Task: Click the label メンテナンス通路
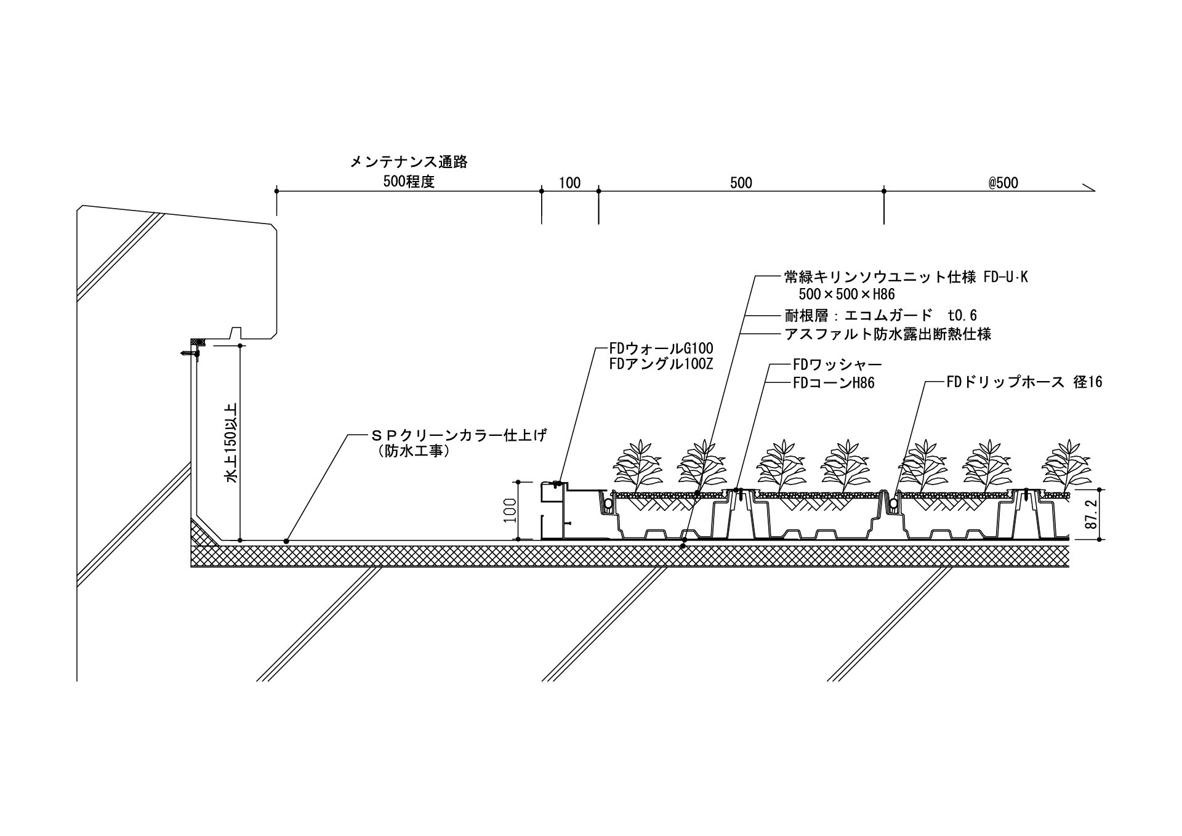click(x=409, y=162)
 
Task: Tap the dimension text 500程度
click(x=409, y=182)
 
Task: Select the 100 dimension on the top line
click(x=569, y=183)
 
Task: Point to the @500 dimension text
click(x=1003, y=183)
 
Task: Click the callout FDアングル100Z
click(x=661, y=364)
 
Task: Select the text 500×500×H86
click(x=846, y=294)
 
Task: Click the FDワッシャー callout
click(x=837, y=364)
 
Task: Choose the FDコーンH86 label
click(x=834, y=383)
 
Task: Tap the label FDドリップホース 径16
click(x=1024, y=382)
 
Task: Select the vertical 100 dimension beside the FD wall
click(x=510, y=510)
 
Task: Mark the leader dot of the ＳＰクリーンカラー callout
click(x=286, y=541)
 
